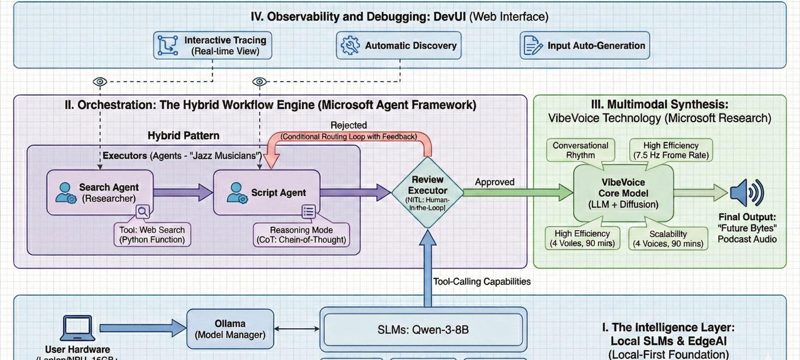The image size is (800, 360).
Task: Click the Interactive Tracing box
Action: (x=213, y=45)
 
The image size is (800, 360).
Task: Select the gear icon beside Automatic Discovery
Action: (x=350, y=45)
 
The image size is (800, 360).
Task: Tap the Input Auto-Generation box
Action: (x=585, y=45)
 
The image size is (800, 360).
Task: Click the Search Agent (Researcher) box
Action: (x=100, y=193)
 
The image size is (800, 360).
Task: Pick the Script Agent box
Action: (x=267, y=193)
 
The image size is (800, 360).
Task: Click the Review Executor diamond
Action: (x=427, y=192)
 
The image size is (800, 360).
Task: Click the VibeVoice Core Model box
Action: (x=624, y=193)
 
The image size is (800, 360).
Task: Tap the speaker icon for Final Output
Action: (x=747, y=193)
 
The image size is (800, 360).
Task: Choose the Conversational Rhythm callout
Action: (x=580, y=150)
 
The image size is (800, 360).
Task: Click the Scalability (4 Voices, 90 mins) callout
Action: (x=668, y=238)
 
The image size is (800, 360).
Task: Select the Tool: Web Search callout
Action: (x=152, y=235)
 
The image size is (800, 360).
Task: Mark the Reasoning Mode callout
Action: (x=301, y=235)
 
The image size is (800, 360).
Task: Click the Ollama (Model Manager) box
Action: (x=230, y=329)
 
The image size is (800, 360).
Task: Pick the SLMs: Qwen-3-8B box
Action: (x=423, y=330)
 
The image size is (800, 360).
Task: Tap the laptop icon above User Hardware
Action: (x=77, y=328)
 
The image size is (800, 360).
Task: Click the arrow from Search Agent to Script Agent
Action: (x=183, y=192)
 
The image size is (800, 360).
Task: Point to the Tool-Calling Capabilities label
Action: (x=482, y=282)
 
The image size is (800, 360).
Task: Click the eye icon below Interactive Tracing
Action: (x=99, y=82)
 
